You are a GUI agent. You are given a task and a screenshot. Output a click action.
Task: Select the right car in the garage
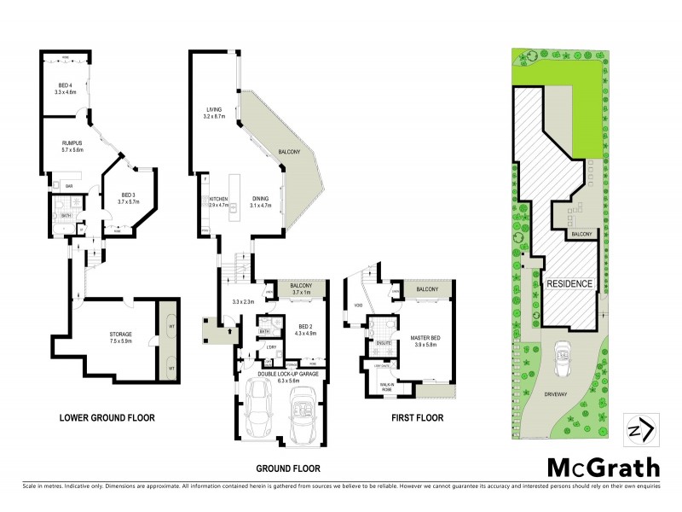point(303,413)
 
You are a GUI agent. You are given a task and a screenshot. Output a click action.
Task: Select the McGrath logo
point(602,467)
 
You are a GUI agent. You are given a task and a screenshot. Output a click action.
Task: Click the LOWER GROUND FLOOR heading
point(107,418)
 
